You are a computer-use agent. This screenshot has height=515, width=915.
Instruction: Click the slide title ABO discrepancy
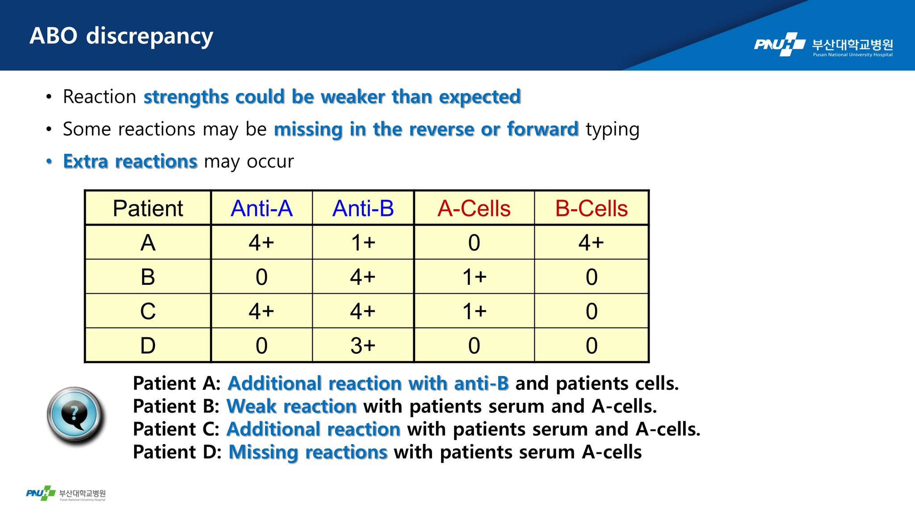(x=121, y=36)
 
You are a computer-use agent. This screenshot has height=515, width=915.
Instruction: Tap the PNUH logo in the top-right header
(x=823, y=45)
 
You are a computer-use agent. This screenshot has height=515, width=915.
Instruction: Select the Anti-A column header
(x=261, y=208)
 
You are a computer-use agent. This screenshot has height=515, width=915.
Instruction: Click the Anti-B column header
(x=363, y=208)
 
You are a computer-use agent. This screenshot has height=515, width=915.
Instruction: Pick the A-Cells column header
(x=474, y=208)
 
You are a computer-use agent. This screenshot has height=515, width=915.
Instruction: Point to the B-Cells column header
(x=592, y=208)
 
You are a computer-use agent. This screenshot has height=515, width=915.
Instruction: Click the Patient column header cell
(x=148, y=208)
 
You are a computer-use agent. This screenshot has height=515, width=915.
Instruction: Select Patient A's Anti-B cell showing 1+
(x=363, y=243)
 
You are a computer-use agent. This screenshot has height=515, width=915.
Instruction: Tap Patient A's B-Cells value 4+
(x=591, y=243)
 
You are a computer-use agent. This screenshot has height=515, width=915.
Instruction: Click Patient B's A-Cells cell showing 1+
(x=474, y=277)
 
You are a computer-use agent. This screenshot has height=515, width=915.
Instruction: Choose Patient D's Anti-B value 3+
(x=363, y=346)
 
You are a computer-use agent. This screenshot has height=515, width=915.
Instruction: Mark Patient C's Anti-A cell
(x=261, y=311)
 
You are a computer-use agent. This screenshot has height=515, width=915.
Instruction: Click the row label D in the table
(x=148, y=346)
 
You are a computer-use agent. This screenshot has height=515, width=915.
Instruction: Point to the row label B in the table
(x=148, y=277)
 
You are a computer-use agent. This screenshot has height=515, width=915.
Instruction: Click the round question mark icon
(x=75, y=416)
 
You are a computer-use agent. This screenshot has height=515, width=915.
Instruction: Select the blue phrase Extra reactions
(x=130, y=161)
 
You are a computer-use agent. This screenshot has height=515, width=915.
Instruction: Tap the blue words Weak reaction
(x=292, y=406)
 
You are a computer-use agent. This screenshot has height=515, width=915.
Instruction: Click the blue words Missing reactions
(x=308, y=452)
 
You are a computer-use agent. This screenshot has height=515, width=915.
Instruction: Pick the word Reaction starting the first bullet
(x=99, y=97)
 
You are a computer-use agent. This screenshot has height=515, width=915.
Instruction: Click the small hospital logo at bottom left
(x=66, y=494)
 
